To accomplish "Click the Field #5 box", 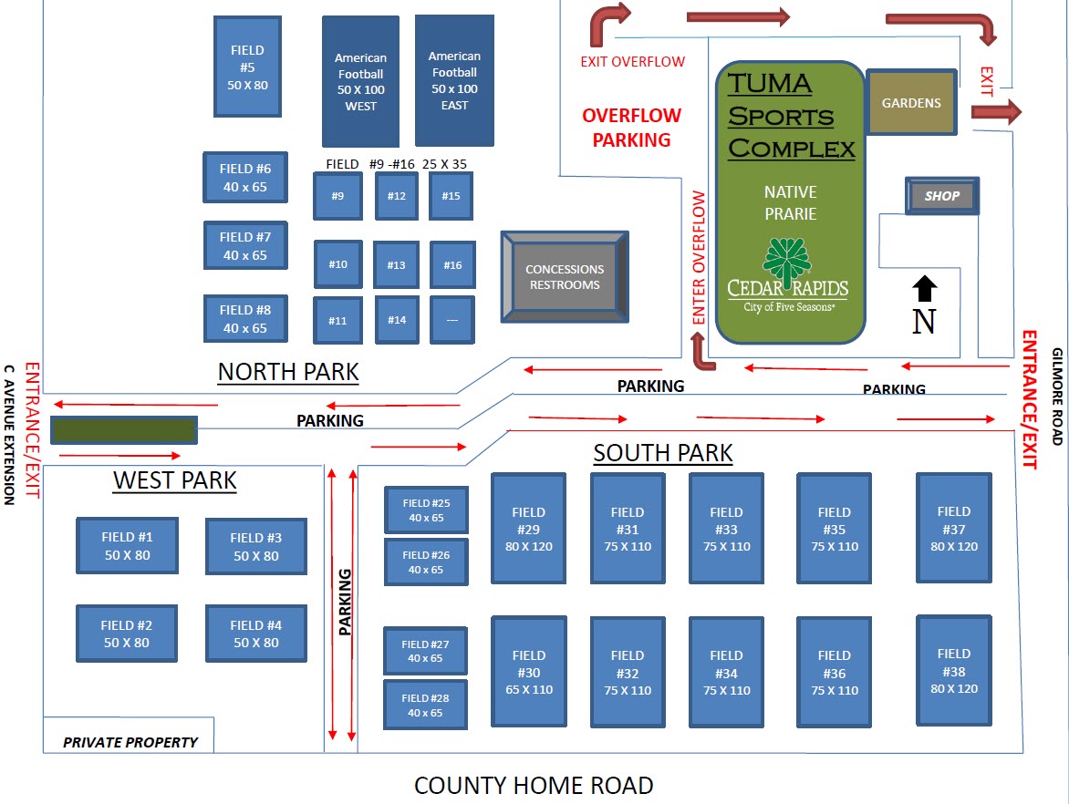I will coord(246,67).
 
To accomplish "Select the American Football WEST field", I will coord(360,81).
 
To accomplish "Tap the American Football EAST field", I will coord(454,80).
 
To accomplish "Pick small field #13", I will coord(396,264).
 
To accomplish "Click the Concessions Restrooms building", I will coord(565,276).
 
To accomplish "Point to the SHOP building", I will coord(942,196).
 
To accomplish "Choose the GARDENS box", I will coord(910,103).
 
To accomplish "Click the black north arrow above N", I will coord(924,289).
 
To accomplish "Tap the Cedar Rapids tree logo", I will coord(786,259).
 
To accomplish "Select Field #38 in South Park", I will coord(953,670).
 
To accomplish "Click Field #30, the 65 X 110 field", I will coord(529,672).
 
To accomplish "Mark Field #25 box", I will coord(426,510).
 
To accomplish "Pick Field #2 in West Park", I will coord(127,634).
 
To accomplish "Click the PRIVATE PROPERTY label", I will coord(130,742).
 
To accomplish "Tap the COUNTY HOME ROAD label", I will coord(534,785).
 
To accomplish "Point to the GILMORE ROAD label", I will coord(1057,396).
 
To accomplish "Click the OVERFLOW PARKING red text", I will coord(631,128).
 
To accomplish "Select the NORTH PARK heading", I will coord(288,372).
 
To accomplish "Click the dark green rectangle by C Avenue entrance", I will coord(123,429).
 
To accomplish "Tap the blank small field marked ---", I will coord(452,320).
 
